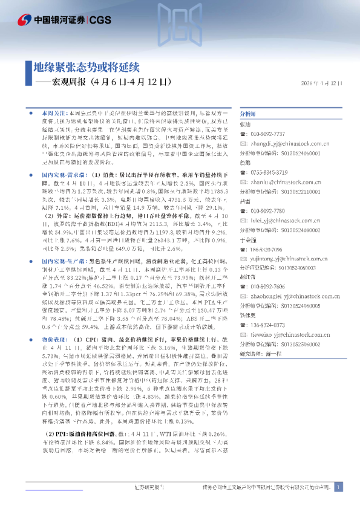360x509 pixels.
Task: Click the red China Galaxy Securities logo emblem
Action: [x=24, y=21]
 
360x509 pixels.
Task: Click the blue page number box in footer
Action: [x=338, y=487]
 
